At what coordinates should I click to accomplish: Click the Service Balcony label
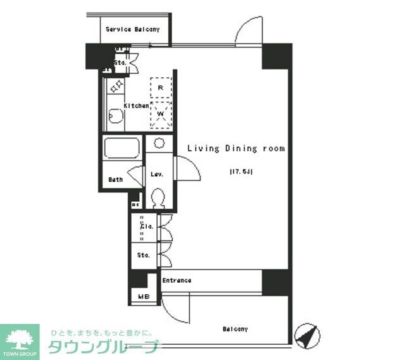(132, 29)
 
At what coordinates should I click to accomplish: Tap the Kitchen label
(136, 106)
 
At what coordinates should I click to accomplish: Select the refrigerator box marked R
(161, 87)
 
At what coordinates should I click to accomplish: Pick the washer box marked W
(161, 115)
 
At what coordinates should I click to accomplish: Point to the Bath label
(115, 179)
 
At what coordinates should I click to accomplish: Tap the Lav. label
(158, 175)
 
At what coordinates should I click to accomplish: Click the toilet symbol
(158, 199)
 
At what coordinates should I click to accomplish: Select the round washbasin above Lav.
(159, 142)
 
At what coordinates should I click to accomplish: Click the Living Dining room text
(235, 149)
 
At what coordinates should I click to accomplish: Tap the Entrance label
(177, 280)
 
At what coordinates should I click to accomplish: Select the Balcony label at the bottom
(235, 329)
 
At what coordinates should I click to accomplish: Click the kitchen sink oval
(115, 116)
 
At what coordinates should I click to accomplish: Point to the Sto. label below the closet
(143, 256)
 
